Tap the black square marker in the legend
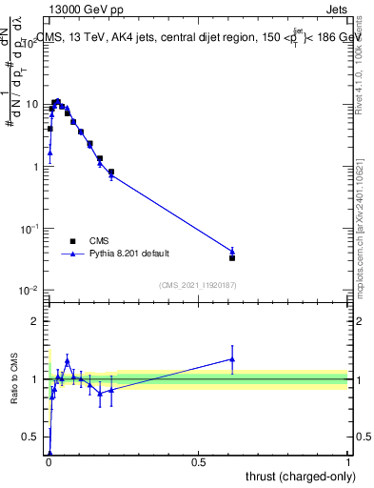(72, 241)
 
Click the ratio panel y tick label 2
(34, 321)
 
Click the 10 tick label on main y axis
(30, 104)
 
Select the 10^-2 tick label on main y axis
(28, 291)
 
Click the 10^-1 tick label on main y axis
(28, 229)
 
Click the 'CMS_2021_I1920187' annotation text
(198, 284)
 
